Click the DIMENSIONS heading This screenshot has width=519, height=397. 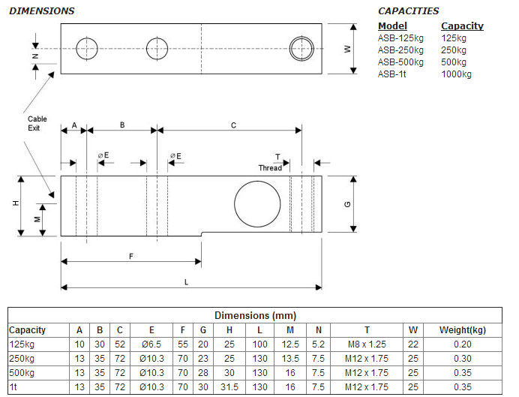coord(42,11)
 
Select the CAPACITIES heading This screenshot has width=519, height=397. coord(408,11)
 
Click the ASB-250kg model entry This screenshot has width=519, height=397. coord(400,50)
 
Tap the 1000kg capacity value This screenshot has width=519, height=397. coord(456,74)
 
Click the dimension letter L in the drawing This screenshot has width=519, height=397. coord(186,280)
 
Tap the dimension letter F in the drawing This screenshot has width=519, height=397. coord(130,256)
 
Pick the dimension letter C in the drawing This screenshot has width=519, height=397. coord(233,125)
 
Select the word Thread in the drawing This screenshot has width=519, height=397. coord(270,167)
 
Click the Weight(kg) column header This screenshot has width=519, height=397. coord(462,329)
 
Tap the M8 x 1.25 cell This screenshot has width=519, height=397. coord(367,344)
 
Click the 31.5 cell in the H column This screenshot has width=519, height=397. coord(229,386)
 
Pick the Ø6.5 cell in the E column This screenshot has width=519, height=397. coord(151,344)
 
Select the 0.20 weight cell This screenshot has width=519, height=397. coord(462,344)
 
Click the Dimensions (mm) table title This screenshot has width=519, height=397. coord(255,315)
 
